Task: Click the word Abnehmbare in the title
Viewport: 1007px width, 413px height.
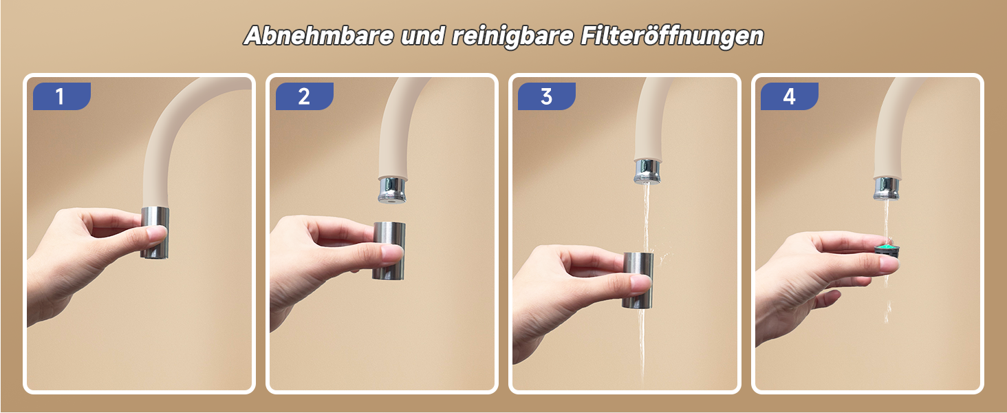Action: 318,36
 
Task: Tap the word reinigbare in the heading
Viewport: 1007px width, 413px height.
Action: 512,36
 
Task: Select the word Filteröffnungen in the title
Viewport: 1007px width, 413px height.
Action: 672,36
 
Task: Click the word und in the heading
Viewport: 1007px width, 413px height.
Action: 422,36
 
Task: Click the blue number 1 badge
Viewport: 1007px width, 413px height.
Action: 62,96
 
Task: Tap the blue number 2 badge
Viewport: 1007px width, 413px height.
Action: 304,96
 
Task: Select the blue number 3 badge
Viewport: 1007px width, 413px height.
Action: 547,96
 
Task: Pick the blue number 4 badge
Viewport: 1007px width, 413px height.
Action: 790,96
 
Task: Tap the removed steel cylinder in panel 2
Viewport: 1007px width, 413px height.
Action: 389,251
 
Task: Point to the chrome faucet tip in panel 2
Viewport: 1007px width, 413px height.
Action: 393,190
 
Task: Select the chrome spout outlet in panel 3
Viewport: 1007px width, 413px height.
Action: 648,171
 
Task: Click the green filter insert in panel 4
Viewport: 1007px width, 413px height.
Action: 887,251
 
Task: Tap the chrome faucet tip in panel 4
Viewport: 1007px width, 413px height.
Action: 887,189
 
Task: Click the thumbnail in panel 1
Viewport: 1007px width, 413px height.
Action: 158,233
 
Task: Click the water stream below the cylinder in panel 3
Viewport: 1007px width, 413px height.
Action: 642,344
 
